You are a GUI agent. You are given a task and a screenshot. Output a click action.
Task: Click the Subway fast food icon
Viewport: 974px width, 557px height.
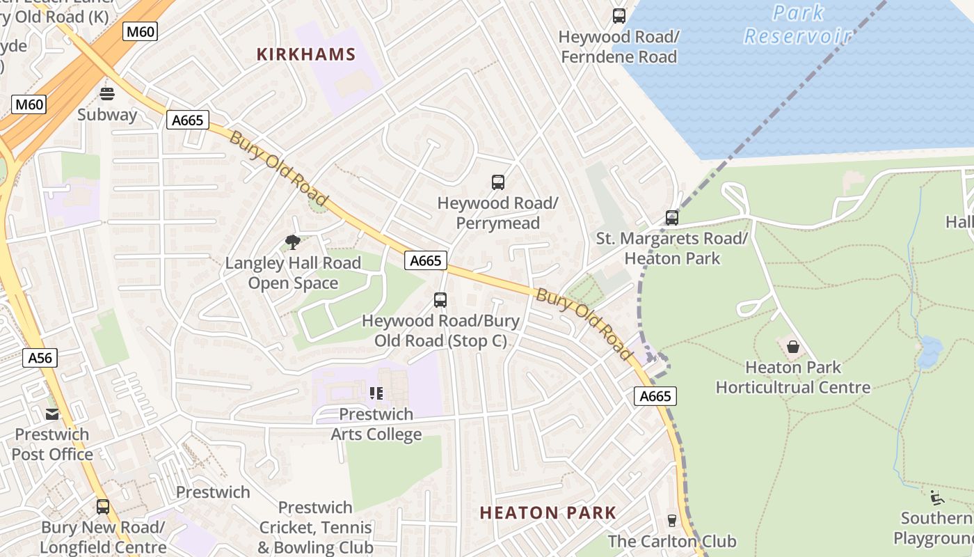coord(107,93)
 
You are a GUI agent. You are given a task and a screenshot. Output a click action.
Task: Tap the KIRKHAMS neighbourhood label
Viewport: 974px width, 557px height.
coord(306,54)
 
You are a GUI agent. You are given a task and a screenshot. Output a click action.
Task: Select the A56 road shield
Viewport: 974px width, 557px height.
coord(40,358)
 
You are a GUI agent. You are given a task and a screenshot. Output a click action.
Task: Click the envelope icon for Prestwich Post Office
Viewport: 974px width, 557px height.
coord(52,414)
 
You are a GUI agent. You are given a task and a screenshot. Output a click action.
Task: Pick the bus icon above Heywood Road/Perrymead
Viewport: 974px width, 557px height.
coord(497,182)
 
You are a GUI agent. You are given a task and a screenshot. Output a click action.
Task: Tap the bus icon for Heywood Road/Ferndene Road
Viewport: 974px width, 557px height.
coord(618,15)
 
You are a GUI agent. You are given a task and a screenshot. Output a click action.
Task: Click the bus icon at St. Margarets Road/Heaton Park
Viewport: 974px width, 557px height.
coord(671,218)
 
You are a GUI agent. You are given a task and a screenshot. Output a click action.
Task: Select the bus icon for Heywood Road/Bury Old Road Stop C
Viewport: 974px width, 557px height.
coord(440,300)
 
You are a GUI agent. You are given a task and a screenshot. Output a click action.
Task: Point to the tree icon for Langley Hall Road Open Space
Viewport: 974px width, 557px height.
coord(293,242)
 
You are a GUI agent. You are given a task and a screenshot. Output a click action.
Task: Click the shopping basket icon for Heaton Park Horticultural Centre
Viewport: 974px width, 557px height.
coord(792,346)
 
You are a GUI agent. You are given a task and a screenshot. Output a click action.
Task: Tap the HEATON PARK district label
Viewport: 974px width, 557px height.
coord(548,513)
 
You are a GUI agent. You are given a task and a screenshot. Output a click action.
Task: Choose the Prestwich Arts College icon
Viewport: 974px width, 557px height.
coord(376,393)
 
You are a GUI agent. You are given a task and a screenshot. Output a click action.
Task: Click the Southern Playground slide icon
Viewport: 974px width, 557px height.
coord(936,497)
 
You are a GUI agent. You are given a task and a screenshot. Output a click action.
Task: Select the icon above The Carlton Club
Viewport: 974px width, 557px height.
coord(671,520)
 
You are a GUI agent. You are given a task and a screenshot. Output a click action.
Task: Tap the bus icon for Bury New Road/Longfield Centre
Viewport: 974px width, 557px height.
coord(103,507)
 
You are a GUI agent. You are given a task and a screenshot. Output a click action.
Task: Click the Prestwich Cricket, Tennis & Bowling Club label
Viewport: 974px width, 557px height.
coord(315,528)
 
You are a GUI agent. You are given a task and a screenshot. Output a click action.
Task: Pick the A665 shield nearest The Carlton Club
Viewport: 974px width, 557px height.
coord(655,396)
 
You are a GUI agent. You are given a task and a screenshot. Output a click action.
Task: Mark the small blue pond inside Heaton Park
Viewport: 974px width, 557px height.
coord(929,352)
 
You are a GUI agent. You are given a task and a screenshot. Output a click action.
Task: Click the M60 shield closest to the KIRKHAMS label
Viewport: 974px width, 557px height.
coord(141,31)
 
